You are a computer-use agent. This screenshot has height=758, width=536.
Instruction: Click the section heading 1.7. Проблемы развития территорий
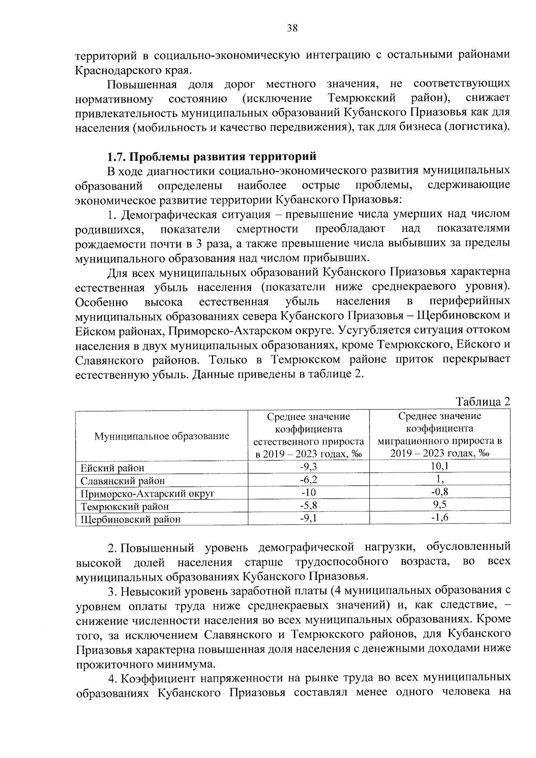pyautogui.click(x=212, y=156)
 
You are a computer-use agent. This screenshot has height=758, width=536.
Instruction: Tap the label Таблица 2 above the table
pyautogui.click(x=482, y=401)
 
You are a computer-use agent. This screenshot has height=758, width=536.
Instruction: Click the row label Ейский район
pyautogui.click(x=113, y=468)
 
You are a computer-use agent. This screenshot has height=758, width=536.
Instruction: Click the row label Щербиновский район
pyautogui.click(x=130, y=519)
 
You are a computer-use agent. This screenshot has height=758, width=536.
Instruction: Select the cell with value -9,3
pyautogui.click(x=308, y=467)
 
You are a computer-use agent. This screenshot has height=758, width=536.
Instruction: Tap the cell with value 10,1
pyautogui.click(x=440, y=466)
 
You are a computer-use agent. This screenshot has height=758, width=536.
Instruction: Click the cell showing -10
pyautogui.click(x=308, y=493)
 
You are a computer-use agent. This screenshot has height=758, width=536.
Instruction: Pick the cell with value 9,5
pyautogui.click(x=440, y=505)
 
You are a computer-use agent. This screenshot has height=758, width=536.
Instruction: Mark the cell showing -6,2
pyautogui.click(x=308, y=480)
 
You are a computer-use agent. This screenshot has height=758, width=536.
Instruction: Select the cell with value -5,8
pyautogui.click(x=308, y=505)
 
